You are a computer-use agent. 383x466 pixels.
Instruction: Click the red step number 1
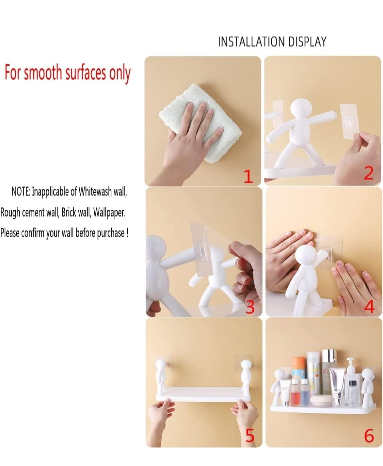click(249, 176)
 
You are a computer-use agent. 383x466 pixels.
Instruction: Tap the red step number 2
click(368, 174)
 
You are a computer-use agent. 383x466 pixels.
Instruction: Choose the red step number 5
click(250, 436)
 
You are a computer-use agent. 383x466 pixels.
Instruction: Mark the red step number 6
click(369, 436)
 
